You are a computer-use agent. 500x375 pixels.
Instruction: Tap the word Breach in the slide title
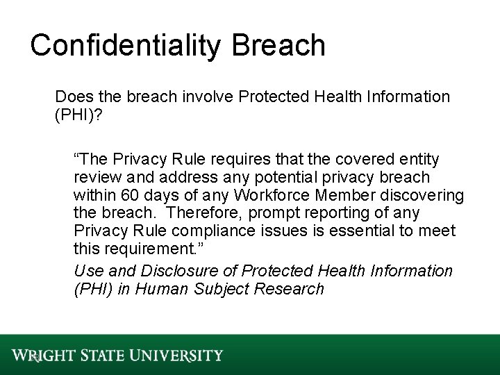281,45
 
